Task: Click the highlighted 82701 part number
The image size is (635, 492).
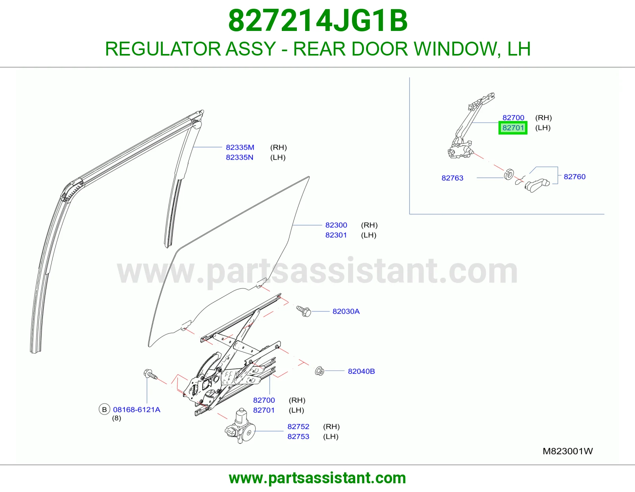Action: click(x=513, y=128)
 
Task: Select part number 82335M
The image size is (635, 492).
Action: click(x=240, y=147)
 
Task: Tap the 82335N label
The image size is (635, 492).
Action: click(x=239, y=157)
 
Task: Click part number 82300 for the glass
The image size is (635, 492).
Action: click(x=336, y=225)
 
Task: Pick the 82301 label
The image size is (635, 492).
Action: click(x=336, y=235)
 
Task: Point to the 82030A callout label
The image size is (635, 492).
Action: click(x=346, y=311)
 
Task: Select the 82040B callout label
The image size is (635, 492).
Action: click(x=361, y=371)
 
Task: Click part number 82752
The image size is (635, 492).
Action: click(x=298, y=426)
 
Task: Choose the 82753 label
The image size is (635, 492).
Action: click(x=298, y=436)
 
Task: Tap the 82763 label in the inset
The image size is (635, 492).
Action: click(x=452, y=178)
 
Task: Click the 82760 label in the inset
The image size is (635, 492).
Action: click(x=575, y=177)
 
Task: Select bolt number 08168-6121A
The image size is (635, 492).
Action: click(x=137, y=409)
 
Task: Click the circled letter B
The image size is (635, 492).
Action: click(x=104, y=409)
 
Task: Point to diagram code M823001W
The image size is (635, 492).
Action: click(x=568, y=451)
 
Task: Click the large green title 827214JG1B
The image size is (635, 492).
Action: click(x=317, y=21)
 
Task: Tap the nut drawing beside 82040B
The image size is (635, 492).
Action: click(x=319, y=371)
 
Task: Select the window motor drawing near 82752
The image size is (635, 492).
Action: click(x=240, y=426)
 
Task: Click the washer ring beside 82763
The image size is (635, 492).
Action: click(x=509, y=175)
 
